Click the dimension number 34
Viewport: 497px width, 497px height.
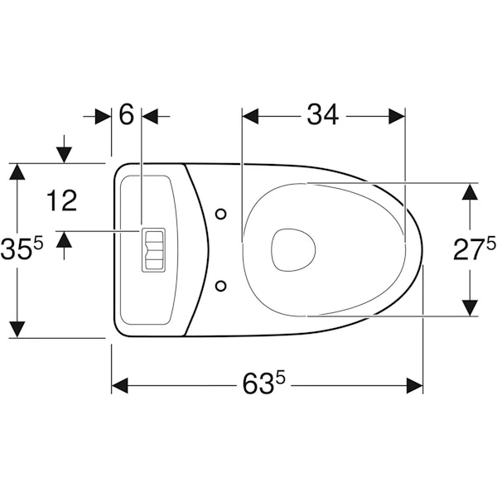pos(322,115)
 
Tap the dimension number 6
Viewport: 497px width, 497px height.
pos(127,114)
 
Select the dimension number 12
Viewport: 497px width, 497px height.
pos(62,200)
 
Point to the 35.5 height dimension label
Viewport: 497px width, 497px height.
pos(22,248)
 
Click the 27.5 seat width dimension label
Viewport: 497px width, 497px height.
pos(475,249)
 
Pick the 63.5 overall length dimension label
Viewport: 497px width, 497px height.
pos(263,383)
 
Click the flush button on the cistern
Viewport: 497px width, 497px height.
pos(153,250)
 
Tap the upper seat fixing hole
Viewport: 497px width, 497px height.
pos(220,215)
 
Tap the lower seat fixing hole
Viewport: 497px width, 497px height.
pos(220,286)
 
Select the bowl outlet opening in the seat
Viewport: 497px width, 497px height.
pos(293,250)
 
